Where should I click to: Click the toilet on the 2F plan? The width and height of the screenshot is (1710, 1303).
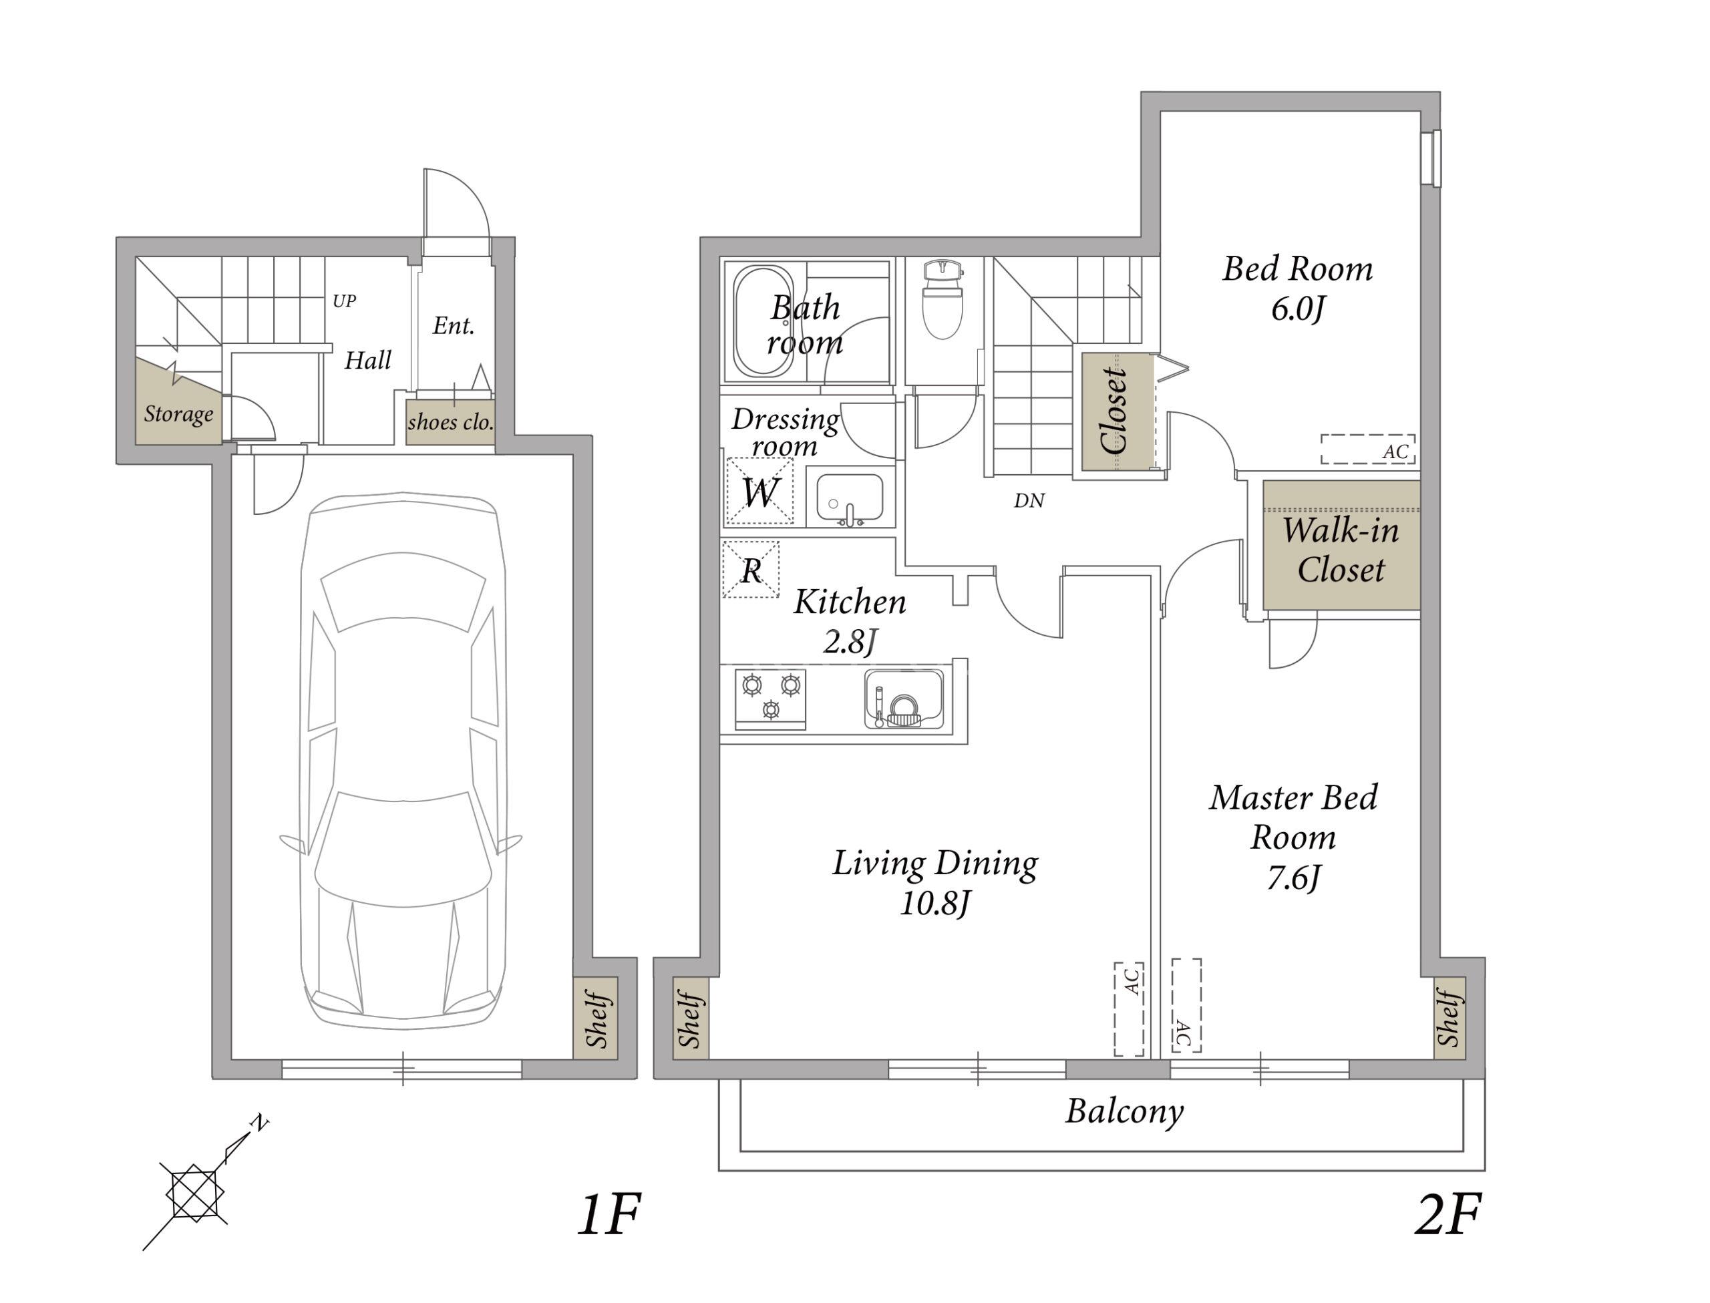point(943,299)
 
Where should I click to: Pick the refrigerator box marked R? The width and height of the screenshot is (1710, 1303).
point(751,569)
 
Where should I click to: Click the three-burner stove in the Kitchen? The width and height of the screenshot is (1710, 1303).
point(770,699)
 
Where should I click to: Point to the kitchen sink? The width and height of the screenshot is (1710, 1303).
point(904,699)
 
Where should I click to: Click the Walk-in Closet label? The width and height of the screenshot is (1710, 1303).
point(1341,550)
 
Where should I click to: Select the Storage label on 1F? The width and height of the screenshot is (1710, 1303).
point(178,414)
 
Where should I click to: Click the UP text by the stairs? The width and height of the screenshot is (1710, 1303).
point(344,301)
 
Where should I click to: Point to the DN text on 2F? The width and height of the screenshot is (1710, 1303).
point(1029,501)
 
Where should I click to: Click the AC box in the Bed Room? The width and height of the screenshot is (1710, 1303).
point(1368,449)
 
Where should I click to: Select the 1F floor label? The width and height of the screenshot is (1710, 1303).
point(609,1216)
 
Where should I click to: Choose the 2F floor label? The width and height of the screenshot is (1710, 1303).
point(1448,1216)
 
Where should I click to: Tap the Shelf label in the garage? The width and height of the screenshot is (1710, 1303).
point(596,1019)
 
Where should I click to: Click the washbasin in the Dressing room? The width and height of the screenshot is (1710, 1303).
point(850,498)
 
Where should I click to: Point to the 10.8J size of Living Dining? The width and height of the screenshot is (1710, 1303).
point(934,904)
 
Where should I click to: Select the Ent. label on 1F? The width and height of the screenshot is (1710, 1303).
point(454,326)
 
